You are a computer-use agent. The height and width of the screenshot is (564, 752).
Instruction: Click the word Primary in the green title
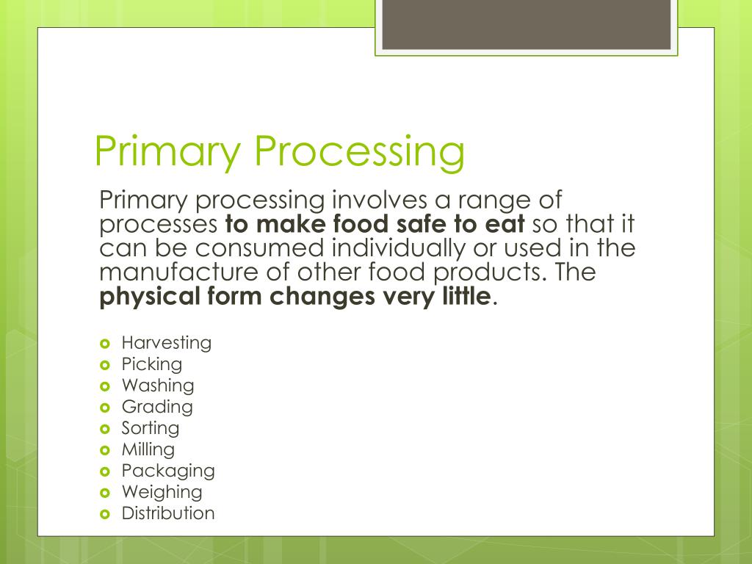(168, 152)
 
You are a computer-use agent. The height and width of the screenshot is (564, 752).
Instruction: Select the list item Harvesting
(166, 343)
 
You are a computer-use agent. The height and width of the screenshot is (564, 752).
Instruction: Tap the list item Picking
(151, 364)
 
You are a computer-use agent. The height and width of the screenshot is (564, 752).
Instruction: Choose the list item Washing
(158, 386)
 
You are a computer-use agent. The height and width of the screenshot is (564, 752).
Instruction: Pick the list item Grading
(157, 407)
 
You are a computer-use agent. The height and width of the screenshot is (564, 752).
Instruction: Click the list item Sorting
(150, 428)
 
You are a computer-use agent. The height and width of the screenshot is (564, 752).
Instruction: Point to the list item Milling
(148, 449)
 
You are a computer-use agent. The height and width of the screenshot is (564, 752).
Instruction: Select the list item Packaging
(168, 471)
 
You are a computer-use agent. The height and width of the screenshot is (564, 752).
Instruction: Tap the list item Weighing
(162, 492)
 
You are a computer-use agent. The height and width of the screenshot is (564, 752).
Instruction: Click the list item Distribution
(168, 513)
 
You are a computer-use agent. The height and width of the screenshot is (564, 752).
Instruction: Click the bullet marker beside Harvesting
(104, 344)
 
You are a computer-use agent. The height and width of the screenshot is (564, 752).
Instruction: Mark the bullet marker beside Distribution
(104, 514)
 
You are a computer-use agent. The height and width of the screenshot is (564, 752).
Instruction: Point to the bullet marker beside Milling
(104, 450)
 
